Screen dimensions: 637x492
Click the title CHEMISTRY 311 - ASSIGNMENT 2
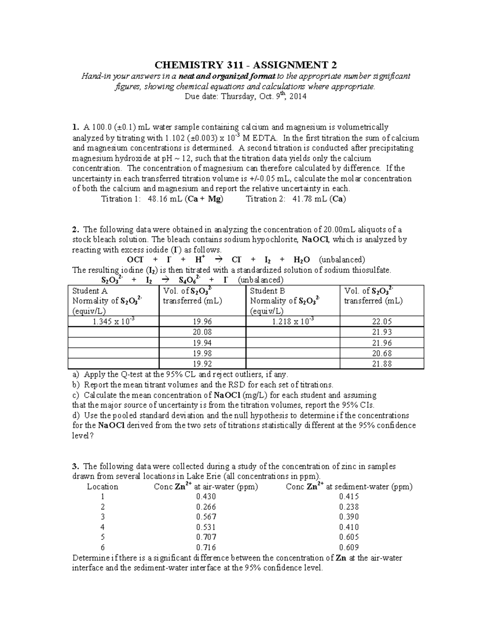(246, 65)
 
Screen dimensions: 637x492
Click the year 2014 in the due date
(298, 97)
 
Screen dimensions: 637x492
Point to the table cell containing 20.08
(202, 332)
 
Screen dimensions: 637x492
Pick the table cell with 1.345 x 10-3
(113, 322)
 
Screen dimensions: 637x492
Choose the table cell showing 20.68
(382, 353)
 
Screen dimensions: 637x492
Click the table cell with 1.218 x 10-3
(293, 322)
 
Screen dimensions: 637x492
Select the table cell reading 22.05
(382, 322)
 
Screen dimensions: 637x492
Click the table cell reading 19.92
(202, 363)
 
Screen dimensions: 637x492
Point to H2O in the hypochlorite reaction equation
(302, 260)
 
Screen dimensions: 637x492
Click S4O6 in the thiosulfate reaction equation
(189, 281)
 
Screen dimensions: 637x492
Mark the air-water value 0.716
(206, 548)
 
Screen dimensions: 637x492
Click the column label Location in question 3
(102, 487)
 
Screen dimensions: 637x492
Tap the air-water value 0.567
(206, 517)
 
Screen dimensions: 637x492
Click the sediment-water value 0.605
(349, 537)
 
